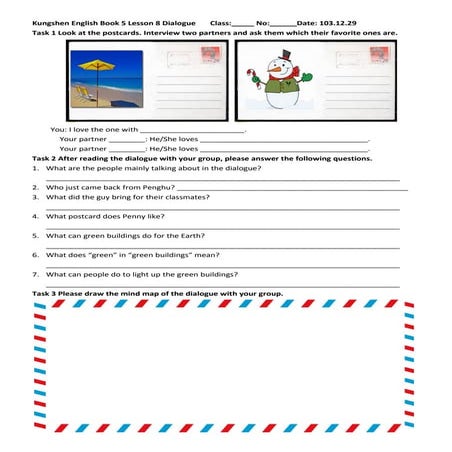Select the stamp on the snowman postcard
pyautogui.click(x=379, y=57)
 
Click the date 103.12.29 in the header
pyautogui.click(x=340, y=20)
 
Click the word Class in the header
pyautogui.click(x=221, y=20)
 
